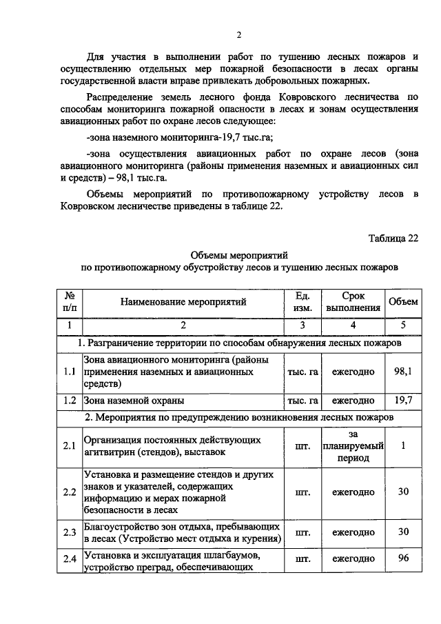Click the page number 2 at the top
pos(238,35)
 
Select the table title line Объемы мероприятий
pos(238,255)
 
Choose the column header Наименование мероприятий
pos(183,301)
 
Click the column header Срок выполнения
pos(353,301)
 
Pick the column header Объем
pos(403,301)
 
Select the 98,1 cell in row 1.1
pos(403,372)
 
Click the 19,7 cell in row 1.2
pos(403,400)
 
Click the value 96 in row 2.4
pos(403,558)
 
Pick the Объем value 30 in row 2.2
pos(403,492)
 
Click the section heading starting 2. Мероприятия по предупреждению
pos(238,417)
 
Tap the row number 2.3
pos(68,532)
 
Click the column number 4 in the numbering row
pos(353,325)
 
